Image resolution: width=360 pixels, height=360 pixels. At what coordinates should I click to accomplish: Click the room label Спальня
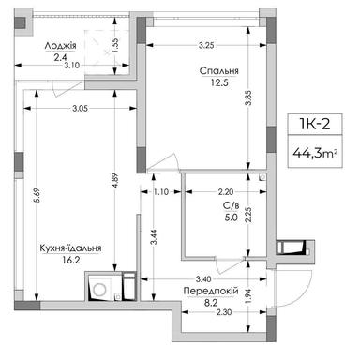point(217,70)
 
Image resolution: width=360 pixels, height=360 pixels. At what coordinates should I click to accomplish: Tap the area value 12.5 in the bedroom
point(217,83)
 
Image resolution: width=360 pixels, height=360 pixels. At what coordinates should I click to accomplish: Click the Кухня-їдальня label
point(71,248)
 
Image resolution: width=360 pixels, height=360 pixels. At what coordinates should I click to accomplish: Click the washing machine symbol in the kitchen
point(97,287)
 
